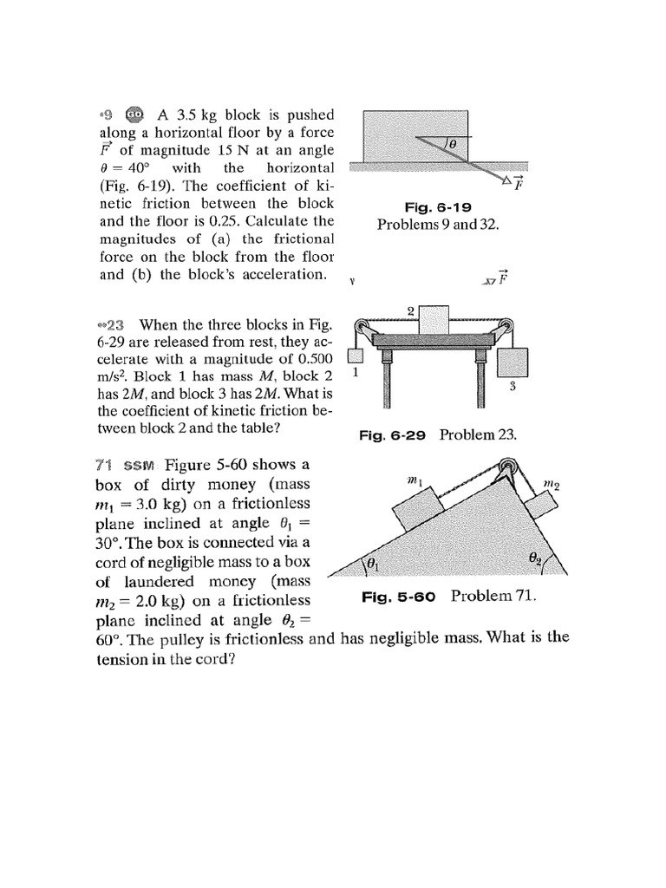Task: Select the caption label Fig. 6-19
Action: click(x=437, y=207)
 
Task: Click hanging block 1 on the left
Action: click(x=354, y=356)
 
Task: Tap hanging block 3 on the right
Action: click(x=513, y=362)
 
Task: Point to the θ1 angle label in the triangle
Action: click(x=374, y=565)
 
